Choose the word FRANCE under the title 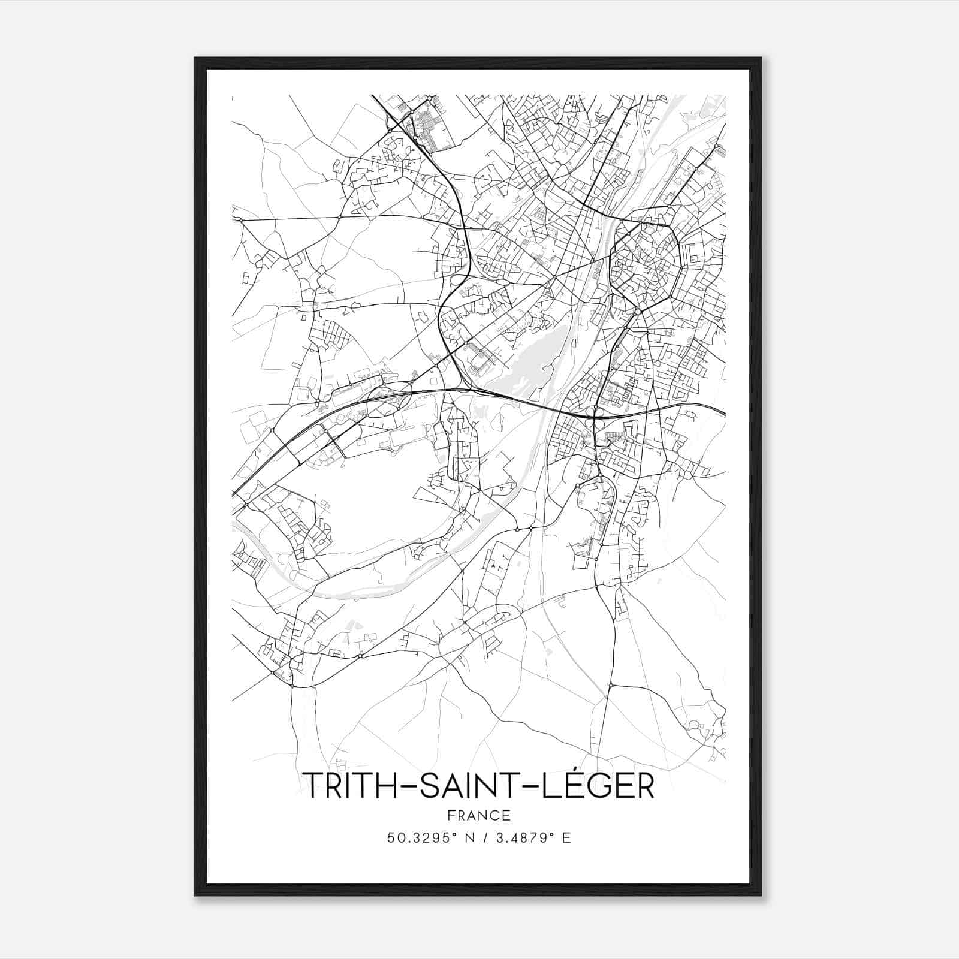point(479,815)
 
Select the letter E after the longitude point(566,838)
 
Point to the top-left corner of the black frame point(195,58)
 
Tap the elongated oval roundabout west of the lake point(502,281)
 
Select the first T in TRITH point(311,785)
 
